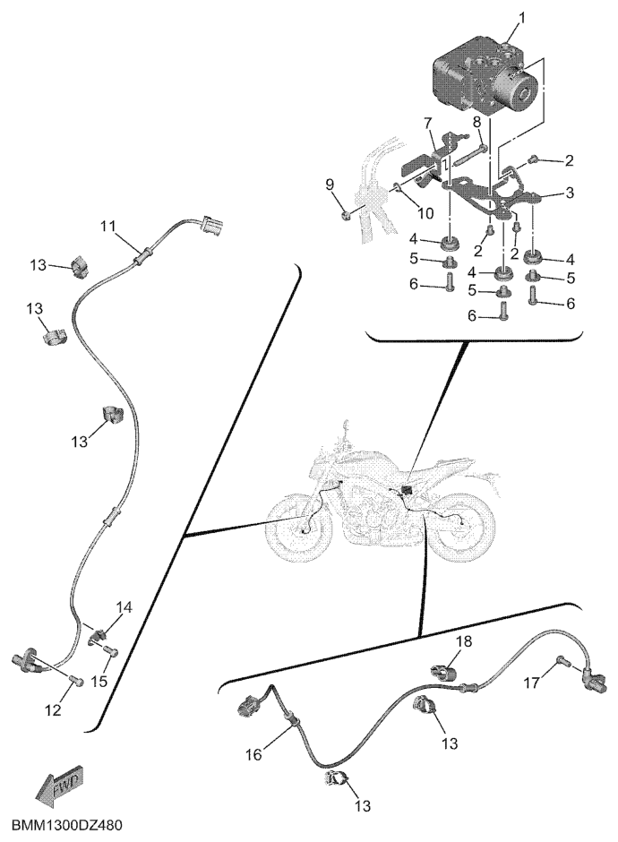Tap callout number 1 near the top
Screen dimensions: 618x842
[520, 18]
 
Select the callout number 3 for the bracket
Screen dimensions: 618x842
[569, 192]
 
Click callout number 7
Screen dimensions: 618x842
[427, 124]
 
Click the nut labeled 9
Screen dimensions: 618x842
[347, 216]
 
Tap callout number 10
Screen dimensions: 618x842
[425, 213]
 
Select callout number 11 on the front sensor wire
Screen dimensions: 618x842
[109, 227]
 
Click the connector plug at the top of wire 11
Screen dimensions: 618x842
[211, 225]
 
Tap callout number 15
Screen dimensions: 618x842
[100, 682]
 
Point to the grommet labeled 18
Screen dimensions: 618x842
[444, 670]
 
